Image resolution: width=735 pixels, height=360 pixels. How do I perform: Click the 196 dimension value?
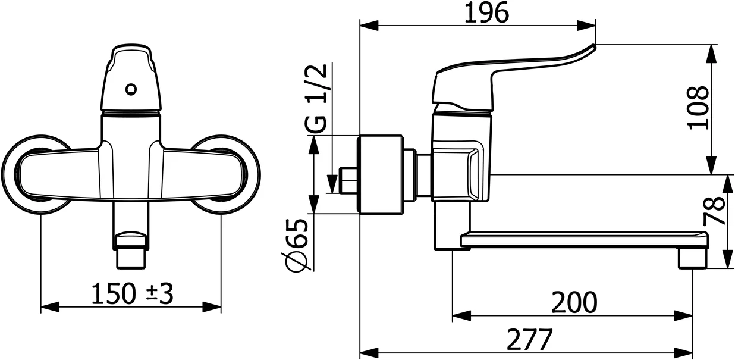[x=487, y=13]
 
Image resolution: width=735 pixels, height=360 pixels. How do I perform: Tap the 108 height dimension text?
[x=698, y=108]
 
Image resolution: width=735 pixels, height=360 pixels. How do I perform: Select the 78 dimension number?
[x=714, y=211]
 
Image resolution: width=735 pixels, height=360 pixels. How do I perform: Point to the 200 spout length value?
[x=574, y=302]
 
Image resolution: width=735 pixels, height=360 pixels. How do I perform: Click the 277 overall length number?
[x=530, y=339]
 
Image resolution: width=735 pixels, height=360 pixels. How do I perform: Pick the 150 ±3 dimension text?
[x=132, y=293]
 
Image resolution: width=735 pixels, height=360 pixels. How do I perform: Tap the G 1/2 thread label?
[x=316, y=98]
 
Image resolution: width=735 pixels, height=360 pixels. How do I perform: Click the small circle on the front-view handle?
[x=131, y=89]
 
